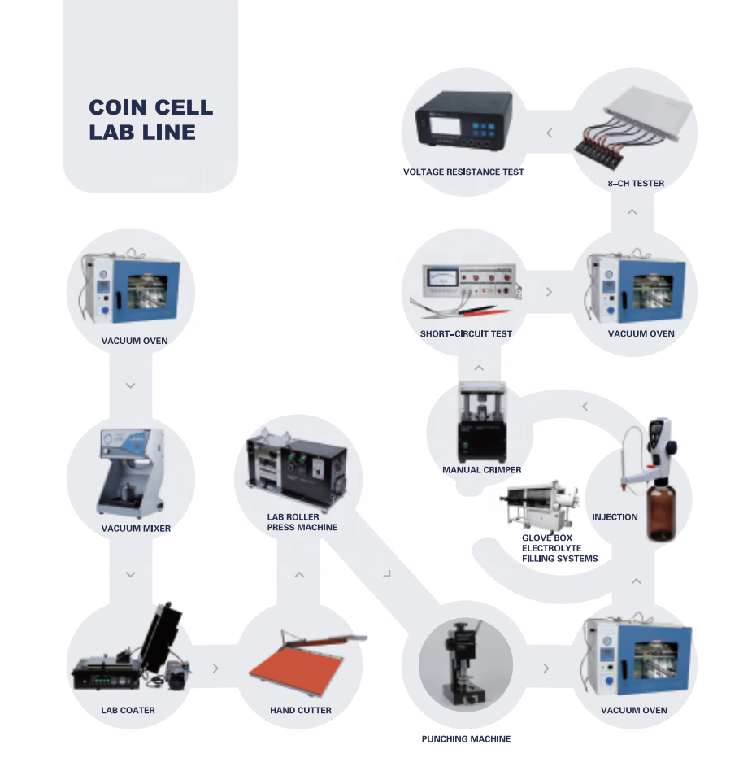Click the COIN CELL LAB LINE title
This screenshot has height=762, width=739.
point(150,120)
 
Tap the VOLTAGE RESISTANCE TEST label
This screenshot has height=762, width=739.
point(463,172)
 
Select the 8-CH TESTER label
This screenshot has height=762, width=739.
point(636,184)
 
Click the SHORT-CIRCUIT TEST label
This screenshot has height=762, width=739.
point(466,333)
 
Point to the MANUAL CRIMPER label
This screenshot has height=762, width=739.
point(481,470)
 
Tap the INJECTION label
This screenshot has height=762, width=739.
point(615,517)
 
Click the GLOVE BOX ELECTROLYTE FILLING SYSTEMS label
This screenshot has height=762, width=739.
point(559,548)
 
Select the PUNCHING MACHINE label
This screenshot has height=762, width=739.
point(466,738)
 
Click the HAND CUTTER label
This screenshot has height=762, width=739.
point(301,710)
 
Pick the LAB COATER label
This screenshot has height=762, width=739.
point(128,710)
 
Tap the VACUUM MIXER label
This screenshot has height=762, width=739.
point(136,529)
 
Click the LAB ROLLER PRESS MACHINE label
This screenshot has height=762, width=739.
point(302,522)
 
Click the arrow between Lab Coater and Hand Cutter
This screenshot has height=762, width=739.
point(215,668)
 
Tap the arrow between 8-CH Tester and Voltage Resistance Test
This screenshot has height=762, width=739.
point(549,133)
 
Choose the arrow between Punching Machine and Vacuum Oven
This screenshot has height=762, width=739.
point(546,668)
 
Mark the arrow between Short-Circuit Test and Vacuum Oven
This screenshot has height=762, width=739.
point(549,291)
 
